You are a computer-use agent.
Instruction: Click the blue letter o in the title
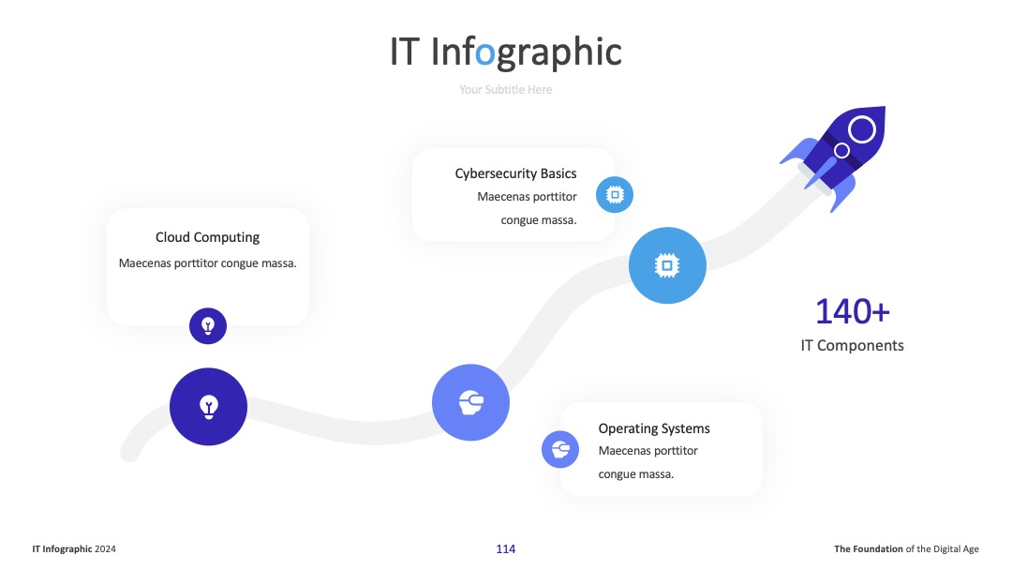[x=484, y=53]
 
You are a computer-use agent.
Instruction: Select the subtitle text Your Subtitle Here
[x=505, y=90]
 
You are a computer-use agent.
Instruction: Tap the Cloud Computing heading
[x=207, y=237]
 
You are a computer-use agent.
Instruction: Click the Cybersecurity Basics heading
[x=515, y=173]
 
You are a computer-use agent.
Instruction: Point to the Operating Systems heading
[x=654, y=428]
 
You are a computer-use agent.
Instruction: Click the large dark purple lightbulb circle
[x=208, y=407]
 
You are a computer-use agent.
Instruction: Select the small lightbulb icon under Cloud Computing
[x=208, y=326]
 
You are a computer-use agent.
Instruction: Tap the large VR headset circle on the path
[x=470, y=403]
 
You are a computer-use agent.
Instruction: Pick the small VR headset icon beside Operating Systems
[x=560, y=449]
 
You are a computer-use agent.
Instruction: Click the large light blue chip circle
[x=667, y=265]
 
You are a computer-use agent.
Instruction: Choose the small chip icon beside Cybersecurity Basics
[x=615, y=194]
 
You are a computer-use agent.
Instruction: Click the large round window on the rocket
[x=862, y=129]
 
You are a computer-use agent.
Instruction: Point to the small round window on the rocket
[x=841, y=150]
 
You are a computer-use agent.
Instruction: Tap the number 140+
[x=852, y=312]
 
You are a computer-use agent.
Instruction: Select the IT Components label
[x=852, y=345]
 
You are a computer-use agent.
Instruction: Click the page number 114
[x=505, y=549]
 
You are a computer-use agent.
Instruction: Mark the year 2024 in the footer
[x=105, y=549]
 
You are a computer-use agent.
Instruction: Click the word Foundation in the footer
[x=878, y=549]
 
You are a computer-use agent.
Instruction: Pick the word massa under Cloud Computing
[x=278, y=263]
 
